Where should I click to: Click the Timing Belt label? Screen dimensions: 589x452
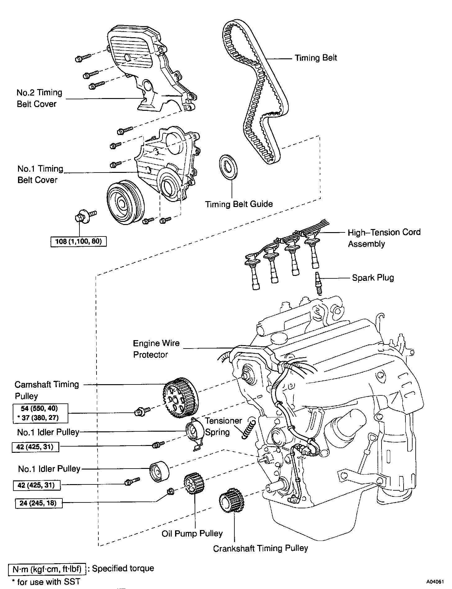pyautogui.click(x=316, y=58)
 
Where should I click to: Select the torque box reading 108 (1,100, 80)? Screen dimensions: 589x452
pyautogui.click(x=79, y=241)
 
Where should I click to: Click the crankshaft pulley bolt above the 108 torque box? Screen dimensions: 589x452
pyautogui.click(x=81, y=216)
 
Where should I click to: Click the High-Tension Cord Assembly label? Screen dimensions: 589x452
pyautogui.click(x=384, y=238)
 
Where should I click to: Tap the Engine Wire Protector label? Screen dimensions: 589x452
pyautogui.click(x=156, y=349)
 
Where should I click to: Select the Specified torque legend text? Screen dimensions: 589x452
pyautogui.click(x=123, y=569)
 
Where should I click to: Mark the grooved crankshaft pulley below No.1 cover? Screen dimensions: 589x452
pyautogui.click(x=125, y=202)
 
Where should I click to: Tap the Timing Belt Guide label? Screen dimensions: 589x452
pyautogui.click(x=239, y=204)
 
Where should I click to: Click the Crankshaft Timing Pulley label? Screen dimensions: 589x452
pyautogui.click(x=260, y=548)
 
